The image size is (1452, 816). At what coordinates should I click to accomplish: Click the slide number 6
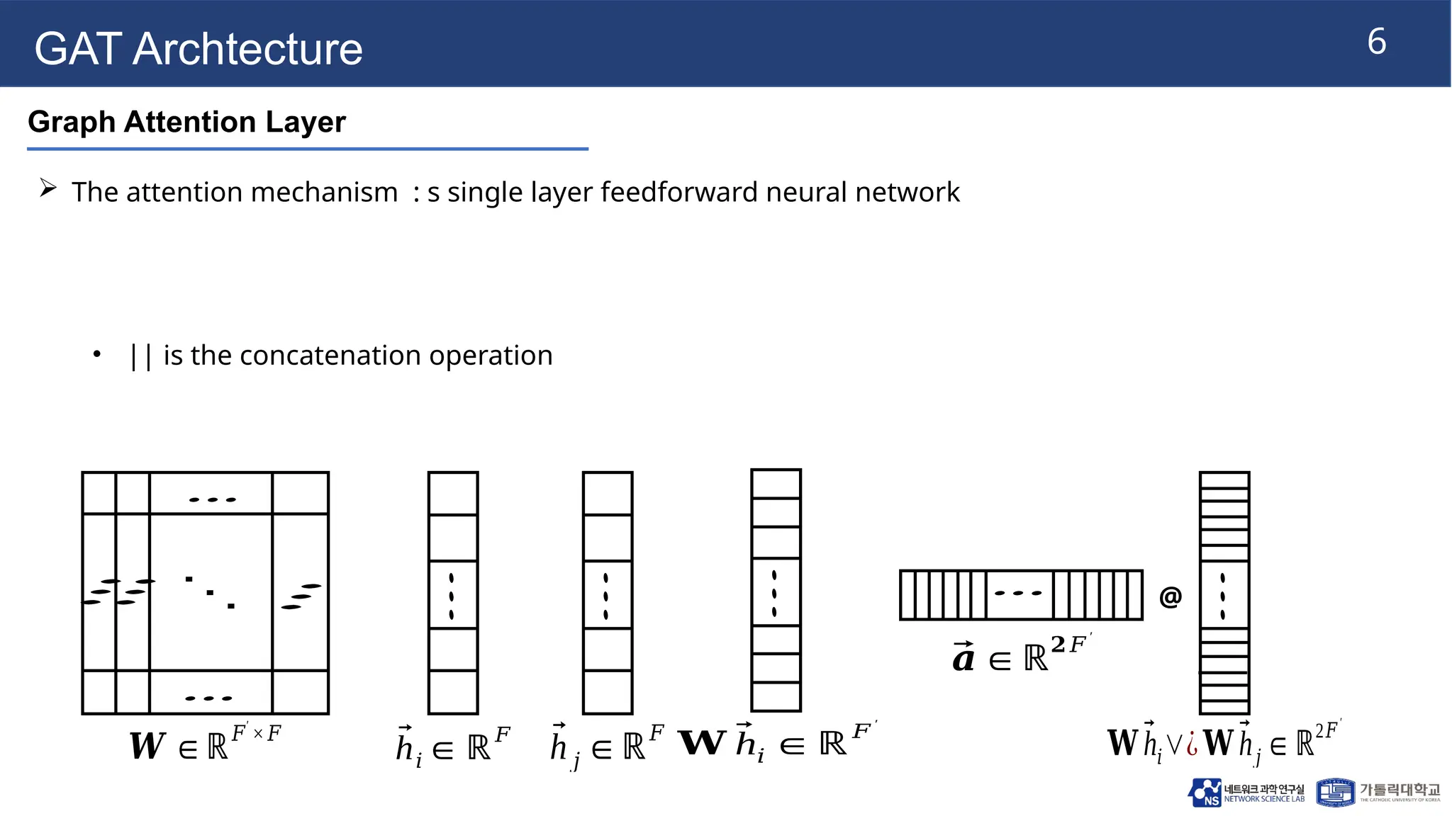tap(1376, 42)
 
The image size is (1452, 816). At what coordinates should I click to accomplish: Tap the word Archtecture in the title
tap(247, 49)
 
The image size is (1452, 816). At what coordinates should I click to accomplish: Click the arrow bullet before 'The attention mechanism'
tap(48, 188)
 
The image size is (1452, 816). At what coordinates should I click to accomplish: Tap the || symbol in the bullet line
tap(141, 356)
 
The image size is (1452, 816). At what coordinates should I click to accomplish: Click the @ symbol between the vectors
tap(1170, 596)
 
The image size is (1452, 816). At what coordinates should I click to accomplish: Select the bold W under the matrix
tap(147, 746)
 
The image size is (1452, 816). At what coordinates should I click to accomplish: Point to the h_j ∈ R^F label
tap(606, 746)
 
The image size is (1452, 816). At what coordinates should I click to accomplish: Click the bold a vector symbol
tap(963, 657)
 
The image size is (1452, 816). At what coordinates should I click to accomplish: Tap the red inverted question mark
tap(1192, 744)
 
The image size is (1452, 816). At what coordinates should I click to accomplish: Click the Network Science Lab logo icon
tap(1205, 793)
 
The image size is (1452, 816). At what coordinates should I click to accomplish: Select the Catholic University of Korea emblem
tap(1335, 793)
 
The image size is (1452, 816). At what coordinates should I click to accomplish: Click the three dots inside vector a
tap(1019, 593)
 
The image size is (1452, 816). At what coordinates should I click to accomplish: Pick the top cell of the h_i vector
tap(453, 493)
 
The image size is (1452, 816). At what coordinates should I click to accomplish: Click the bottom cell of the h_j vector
tap(608, 691)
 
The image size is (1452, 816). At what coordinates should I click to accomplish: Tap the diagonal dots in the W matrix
tap(210, 592)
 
